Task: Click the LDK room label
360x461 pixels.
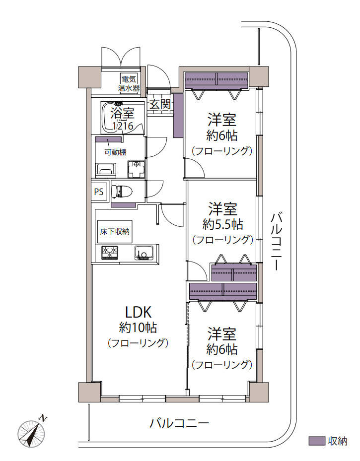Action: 138,312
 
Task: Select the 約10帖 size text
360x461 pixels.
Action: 138,328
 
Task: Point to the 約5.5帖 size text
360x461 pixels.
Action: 222,224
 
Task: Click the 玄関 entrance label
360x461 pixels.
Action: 160,104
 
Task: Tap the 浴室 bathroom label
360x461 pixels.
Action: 122,113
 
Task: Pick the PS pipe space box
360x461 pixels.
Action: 99,192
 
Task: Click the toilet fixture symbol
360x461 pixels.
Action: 124,191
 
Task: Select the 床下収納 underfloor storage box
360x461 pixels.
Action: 115,231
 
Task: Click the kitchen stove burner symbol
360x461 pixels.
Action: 110,253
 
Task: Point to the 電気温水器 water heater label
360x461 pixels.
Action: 129,83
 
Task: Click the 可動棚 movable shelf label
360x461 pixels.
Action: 115,152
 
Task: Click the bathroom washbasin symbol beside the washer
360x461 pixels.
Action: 105,170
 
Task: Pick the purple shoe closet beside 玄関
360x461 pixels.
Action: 178,116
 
